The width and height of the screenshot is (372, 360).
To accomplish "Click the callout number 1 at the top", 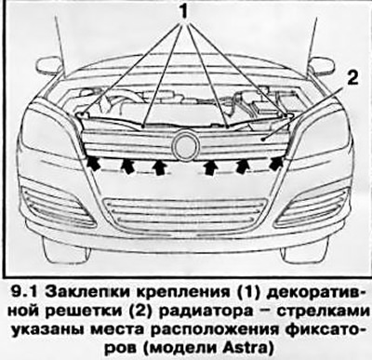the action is pyautogui.click(x=183, y=11).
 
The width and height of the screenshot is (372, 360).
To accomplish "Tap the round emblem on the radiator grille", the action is pyautogui.click(x=185, y=145).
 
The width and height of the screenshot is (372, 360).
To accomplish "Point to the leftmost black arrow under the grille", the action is pyautogui.click(x=94, y=164).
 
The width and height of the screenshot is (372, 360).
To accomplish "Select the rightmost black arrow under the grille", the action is pyautogui.click(x=276, y=164).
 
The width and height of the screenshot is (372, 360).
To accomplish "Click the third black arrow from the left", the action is pyautogui.click(x=160, y=167).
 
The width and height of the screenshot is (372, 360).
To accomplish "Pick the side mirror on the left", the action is pyautogui.click(x=49, y=65).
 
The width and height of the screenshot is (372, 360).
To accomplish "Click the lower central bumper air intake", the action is pyautogui.click(x=185, y=214).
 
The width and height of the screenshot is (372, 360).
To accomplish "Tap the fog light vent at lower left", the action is pyautogui.click(x=56, y=205).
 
